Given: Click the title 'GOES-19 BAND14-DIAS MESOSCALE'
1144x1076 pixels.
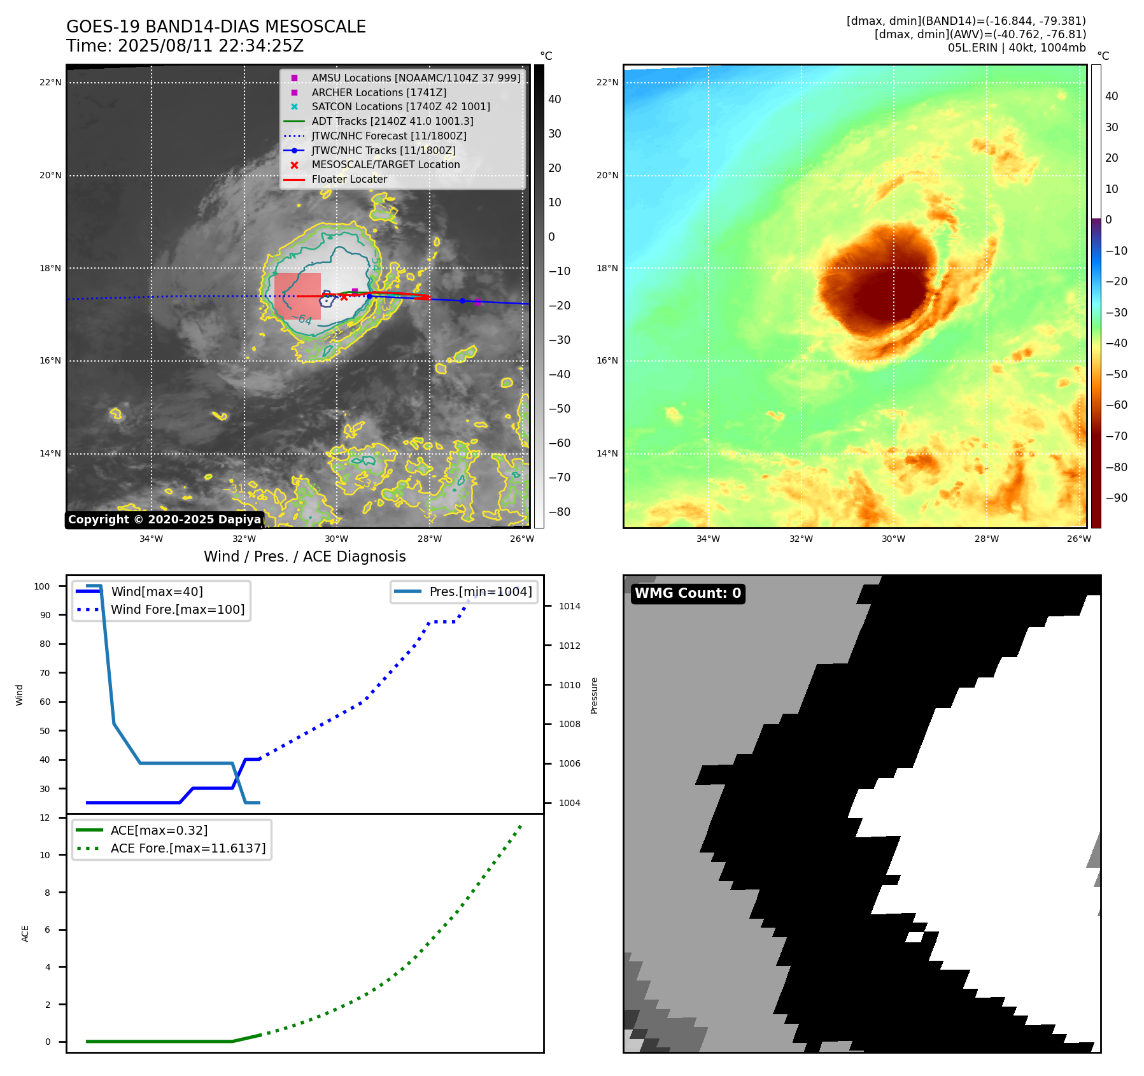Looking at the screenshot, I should pyautogui.click(x=216, y=27).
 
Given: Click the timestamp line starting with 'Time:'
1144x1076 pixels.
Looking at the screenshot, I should pyautogui.click(x=185, y=46).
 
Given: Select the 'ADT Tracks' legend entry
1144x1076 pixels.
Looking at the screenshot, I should pyautogui.click(x=392, y=121).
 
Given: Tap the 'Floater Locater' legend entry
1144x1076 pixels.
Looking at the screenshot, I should pyautogui.click(x=349, y=179).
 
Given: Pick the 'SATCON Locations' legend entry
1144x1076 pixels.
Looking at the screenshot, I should pyautogui.click(x=400, y=106).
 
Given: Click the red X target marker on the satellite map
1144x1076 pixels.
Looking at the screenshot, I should pyautogui.click(x=344, y=297).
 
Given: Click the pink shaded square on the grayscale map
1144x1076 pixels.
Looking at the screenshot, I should pyautogui.click(x=297, y=296).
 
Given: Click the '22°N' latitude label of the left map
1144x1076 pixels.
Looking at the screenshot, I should pyautogui.click(x=50, y=82).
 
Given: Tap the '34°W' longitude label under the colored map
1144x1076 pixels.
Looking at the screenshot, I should pyautogui.click(x=708, y=539).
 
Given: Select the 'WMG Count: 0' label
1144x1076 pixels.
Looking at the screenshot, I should pyautogui.click(x=688, y=593).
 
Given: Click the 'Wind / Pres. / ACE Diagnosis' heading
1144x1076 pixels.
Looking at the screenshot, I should pyautogui.click(x=304, y=556).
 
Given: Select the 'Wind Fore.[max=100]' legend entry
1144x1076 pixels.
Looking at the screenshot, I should pyautogui.click(x=178, y=609).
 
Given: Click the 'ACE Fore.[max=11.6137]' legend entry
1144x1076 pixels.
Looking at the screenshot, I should pyautogui.click(x=188, y=848).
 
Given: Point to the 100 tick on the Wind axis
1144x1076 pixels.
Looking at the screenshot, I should pyautogui.click(x=42, y=586).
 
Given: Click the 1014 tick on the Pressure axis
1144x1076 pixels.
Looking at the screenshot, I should pyautogui.click(x=570, y=606).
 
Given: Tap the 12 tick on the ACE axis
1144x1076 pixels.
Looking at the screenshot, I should pyautogui.click(x=45, y=818).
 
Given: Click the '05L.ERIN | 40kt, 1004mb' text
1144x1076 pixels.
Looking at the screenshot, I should pyautogui.click(x=1017, y=48).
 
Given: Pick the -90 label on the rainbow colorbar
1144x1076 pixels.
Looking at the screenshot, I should pyautogui.click(x=1116, y=498).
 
